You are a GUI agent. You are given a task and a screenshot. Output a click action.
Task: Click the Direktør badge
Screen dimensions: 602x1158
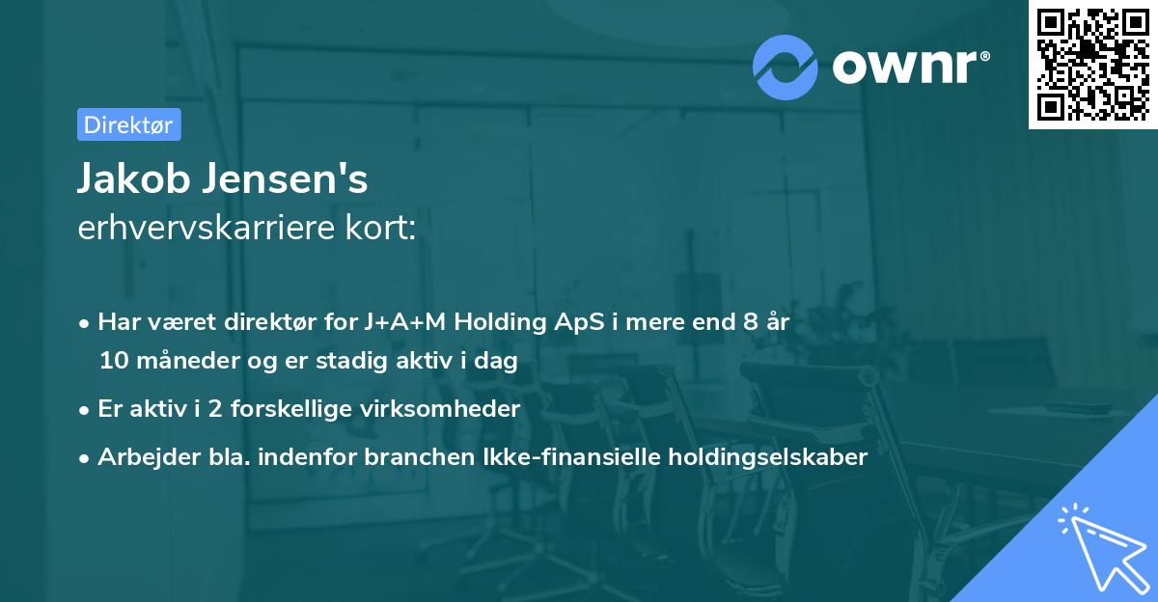128,124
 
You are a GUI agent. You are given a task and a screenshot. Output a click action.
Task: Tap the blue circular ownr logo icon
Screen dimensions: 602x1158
786,67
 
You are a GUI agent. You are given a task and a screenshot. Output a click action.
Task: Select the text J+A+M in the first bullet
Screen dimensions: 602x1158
405,323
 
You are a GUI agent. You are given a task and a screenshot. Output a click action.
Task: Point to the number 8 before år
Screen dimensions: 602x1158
750,323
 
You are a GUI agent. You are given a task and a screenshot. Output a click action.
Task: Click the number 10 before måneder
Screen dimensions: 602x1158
111,362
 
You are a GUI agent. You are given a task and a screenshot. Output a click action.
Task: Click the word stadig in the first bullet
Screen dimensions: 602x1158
350,362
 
